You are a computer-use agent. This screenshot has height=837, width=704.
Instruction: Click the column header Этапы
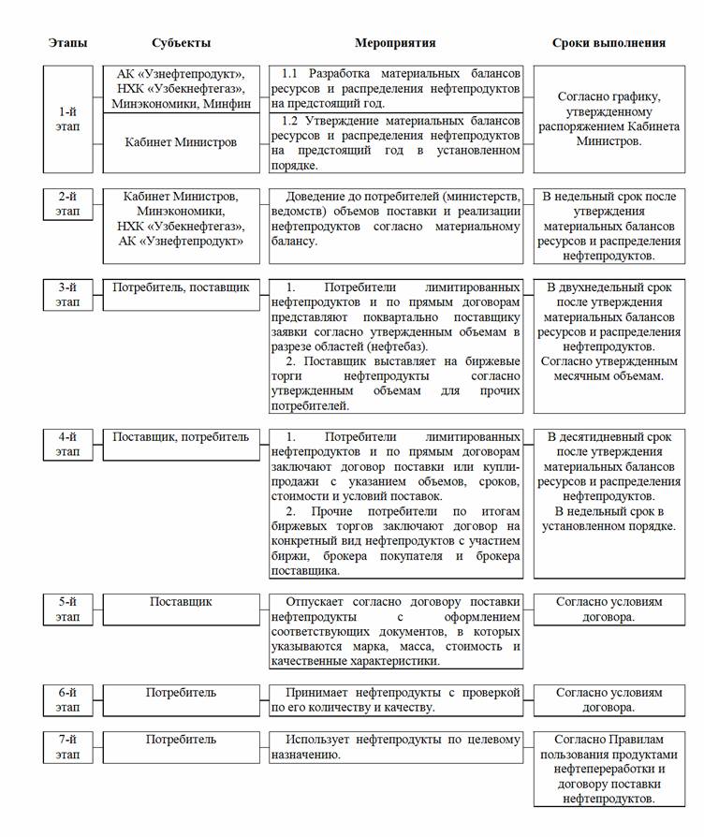tap(67, 43)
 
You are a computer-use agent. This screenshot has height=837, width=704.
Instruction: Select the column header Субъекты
tap(181, 43)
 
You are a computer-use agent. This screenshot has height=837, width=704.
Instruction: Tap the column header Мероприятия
tap(395, 43)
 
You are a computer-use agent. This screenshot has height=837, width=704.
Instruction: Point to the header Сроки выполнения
tap(609, 43)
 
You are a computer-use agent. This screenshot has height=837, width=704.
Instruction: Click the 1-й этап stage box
tap(67, 119)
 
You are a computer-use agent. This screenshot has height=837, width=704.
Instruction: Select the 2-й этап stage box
tap(67, 203)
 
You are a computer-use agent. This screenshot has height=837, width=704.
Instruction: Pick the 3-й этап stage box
tap(67, 294)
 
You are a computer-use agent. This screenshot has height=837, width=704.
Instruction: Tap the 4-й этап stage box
tap(67, 444)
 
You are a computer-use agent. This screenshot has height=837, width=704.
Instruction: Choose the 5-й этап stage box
tap(67, 609)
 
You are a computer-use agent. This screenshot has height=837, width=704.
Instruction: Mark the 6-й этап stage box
tap(67, 699)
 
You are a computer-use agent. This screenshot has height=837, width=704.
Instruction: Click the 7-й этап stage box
tap(67, 746)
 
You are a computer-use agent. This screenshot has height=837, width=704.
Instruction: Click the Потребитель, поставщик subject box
tap(181, 288)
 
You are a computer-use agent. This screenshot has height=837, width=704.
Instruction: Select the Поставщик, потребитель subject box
tap(181, 437)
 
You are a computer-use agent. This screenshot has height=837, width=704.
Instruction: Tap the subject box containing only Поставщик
tap(181, 602)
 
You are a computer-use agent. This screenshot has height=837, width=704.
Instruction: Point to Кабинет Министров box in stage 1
tap(181, 142)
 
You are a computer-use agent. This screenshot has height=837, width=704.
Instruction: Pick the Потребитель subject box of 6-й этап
tap(181, 694)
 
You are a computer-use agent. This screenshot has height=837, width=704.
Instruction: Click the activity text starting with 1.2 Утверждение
tap(395, 143)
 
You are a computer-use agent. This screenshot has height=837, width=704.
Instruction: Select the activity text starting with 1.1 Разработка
tap(395, 88)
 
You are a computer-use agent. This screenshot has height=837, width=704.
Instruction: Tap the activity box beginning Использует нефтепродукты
tap(395, 746)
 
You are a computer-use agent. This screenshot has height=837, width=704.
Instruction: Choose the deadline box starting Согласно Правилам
tap(609, 769)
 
